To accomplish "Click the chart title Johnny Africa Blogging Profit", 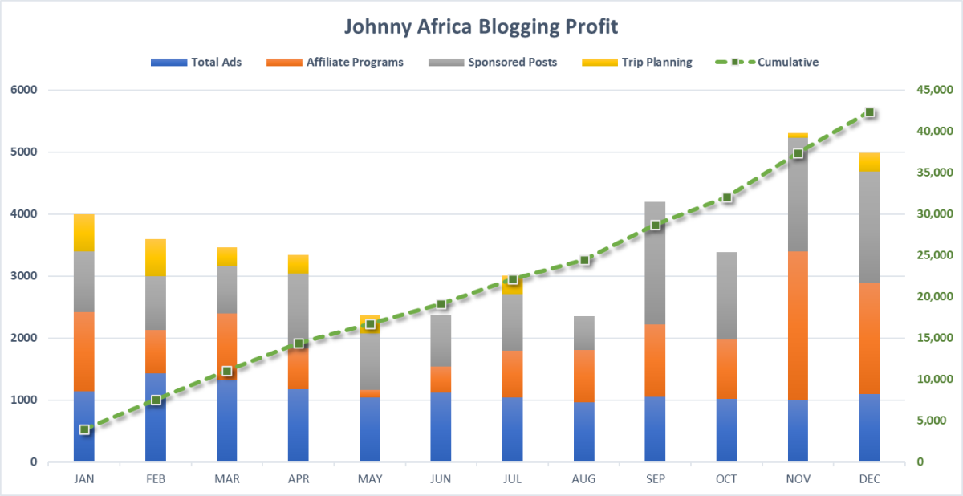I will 481,26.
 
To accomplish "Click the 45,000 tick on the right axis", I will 934,90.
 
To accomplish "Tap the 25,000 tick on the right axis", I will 934,255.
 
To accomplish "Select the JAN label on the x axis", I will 84,479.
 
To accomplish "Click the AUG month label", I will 584,479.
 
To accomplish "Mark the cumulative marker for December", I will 869,112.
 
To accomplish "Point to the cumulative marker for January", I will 84,429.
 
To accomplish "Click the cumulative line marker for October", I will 727,197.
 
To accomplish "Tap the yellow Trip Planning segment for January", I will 84,233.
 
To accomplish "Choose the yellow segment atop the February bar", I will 156,257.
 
